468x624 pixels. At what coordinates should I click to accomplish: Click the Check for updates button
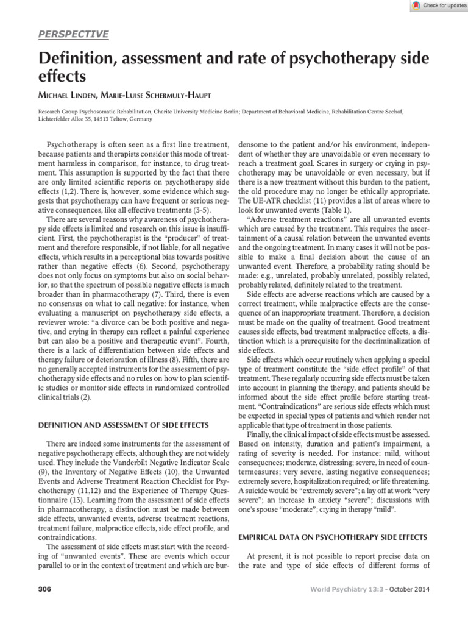click(x=434, y=5)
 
